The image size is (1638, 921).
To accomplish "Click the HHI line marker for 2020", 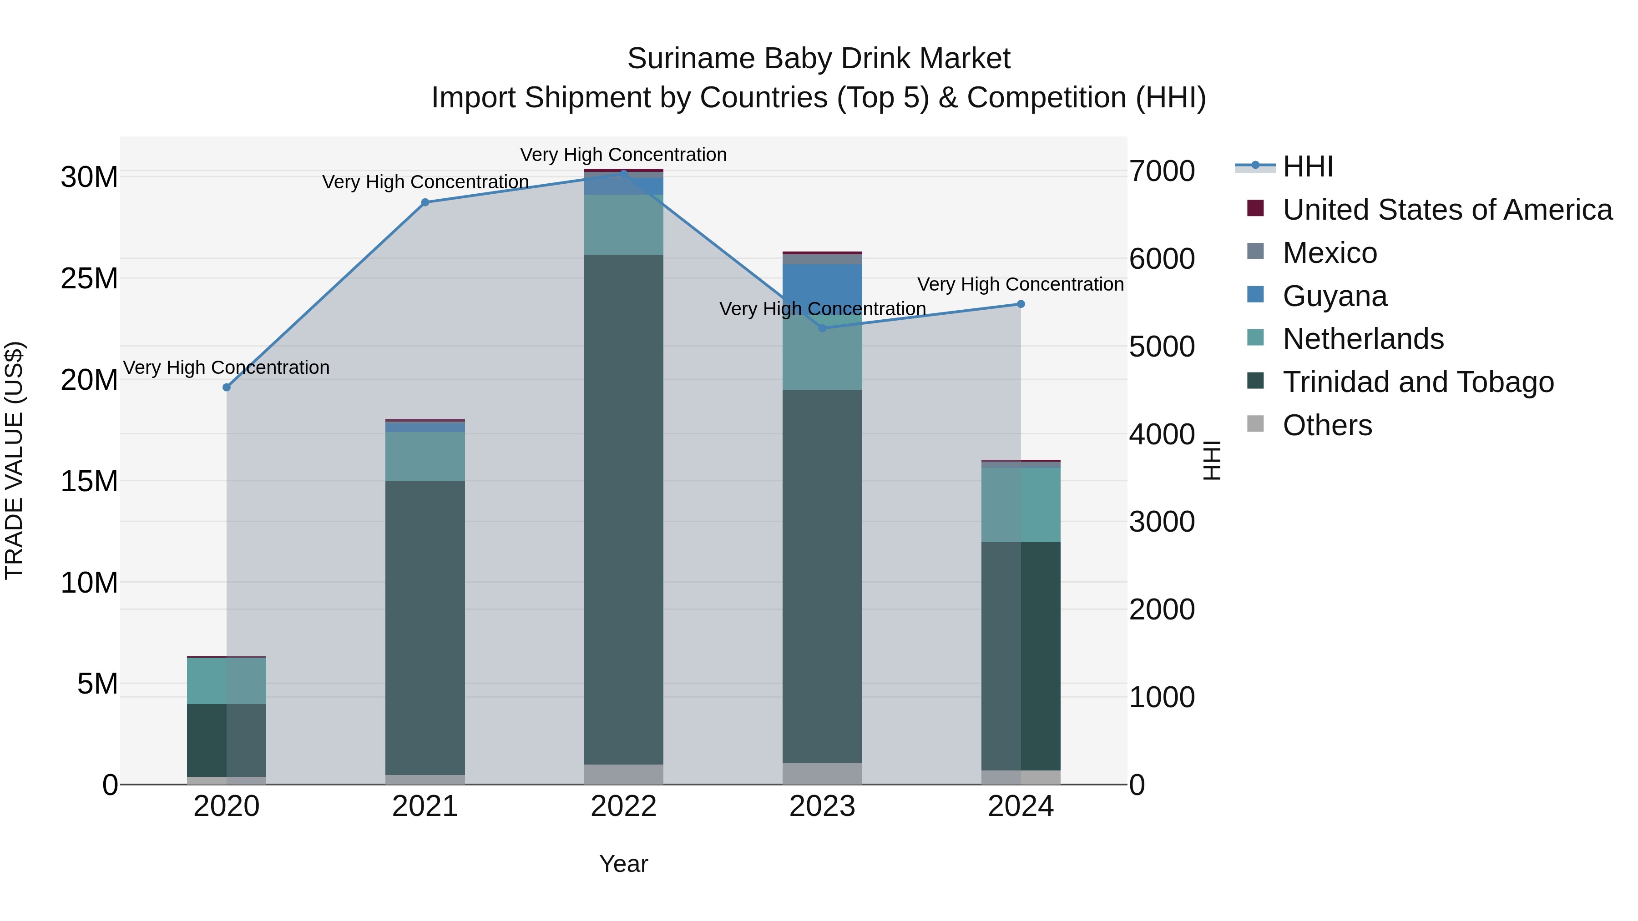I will click(x=227, y=387).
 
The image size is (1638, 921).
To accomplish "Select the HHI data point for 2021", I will click(x=425, y=202).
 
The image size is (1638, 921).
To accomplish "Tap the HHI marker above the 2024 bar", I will click(x=1021, y=304).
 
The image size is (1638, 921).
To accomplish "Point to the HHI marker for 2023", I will click(x=822, y=328).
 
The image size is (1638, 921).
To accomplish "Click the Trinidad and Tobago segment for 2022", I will click(x=624, y=508).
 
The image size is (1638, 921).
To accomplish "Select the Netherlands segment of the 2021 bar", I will click(x=425, y=456).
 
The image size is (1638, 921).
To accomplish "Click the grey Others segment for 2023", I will click(x=822, y=774).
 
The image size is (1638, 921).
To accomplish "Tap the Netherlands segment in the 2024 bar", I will click(x=1021, y=505).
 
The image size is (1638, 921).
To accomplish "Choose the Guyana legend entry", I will click(x=1334, y=296).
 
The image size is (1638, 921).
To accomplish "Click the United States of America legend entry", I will click(x=1446, y=210).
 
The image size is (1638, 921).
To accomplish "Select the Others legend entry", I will click(x=1327, y=425).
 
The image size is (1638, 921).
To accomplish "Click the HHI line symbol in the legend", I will click(x=1255, y=166).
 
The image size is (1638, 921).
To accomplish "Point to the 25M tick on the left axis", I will click(x=89, y=278).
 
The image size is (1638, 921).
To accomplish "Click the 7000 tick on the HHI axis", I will click(x=1162, y=171).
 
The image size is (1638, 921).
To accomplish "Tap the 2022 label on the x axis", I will click(x=624, y=806).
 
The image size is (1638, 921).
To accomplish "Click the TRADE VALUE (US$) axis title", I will click(x=14, y=460).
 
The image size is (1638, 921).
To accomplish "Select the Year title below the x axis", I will click(x=624, y=864).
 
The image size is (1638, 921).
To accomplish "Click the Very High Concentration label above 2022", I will click(x=623, y=155).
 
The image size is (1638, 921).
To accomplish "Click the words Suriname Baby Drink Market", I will click(x=819, y=59).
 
